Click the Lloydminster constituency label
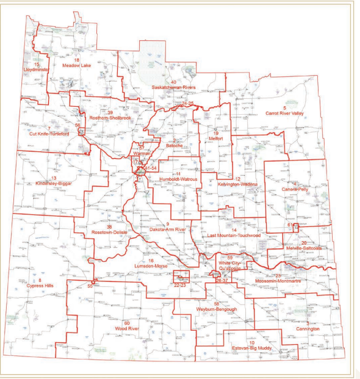coord(37,70)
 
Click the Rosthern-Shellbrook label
coord(110,117)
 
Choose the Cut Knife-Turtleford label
coord(48,134)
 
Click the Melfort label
coord(215,139)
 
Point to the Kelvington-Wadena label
coord(237,184)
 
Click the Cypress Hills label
coord(40,286)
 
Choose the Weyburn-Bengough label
coord(217,309)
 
